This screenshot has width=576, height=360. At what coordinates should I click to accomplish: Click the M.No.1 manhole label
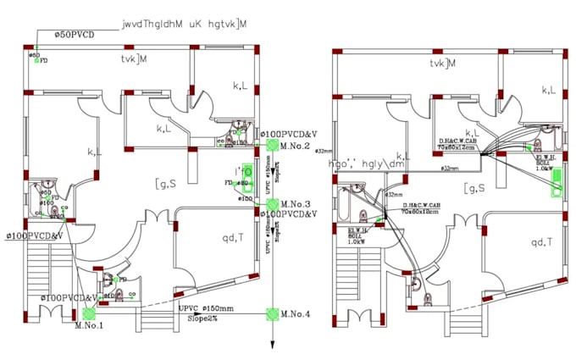(x=88, y=325)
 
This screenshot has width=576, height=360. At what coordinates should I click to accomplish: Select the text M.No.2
(x=297, y=147)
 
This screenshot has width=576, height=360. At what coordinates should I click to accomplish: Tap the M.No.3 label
(x=297, y=204)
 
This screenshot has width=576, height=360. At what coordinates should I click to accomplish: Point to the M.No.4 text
(x=296, y=314)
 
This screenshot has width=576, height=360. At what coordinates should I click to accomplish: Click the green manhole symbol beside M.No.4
(x=272, y=314)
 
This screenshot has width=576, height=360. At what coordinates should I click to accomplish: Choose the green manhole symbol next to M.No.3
(x=272, y=204)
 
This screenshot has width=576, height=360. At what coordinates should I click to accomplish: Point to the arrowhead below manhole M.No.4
(x=272, y=345)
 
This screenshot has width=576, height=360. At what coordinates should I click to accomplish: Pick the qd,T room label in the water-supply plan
(x=542, y=243)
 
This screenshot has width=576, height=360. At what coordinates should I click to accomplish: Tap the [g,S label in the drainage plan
(x=164, y=184)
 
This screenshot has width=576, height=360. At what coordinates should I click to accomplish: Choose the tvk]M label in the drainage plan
(x=134, y=61)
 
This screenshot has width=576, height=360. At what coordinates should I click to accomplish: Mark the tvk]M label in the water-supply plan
(x=442, y=64)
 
